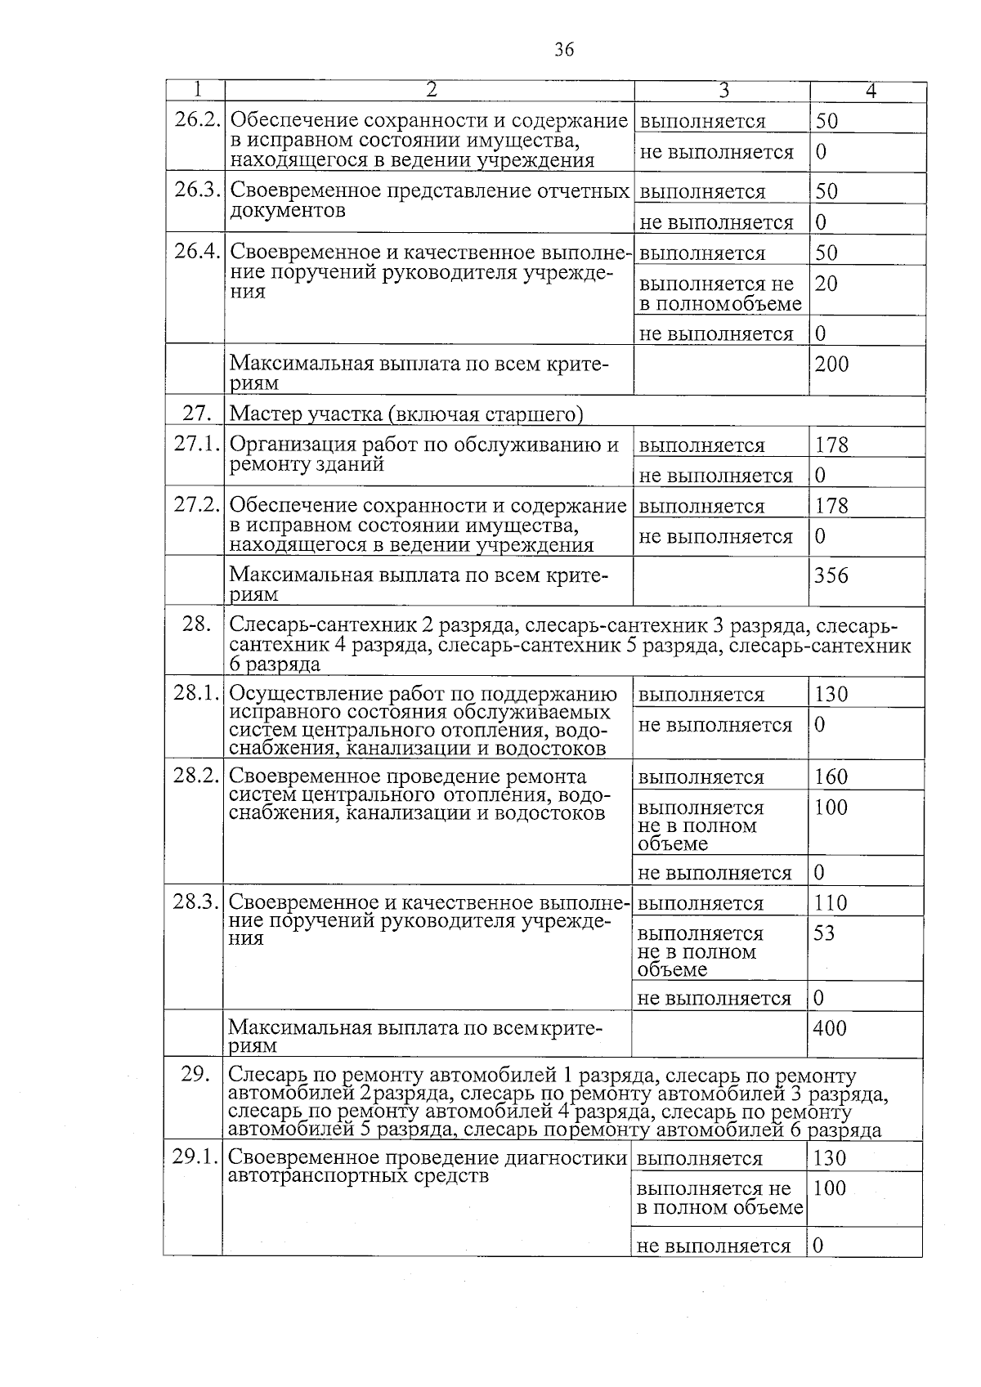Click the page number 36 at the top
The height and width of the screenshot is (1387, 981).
564,50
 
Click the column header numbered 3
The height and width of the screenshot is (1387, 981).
723,91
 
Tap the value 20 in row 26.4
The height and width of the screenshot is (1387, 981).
826,284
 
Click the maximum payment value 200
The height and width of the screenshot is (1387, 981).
832,365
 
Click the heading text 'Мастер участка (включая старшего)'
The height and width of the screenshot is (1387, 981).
406,414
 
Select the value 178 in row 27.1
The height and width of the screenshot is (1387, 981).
832,445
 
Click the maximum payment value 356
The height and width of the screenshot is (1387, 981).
831,576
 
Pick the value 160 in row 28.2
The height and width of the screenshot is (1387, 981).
831,777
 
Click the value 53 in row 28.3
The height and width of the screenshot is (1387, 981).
824,933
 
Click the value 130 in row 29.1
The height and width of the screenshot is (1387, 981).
830,1158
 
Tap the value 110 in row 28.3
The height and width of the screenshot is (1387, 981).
831,903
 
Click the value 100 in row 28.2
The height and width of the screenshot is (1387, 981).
831,808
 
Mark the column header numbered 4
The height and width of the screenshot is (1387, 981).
871,91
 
